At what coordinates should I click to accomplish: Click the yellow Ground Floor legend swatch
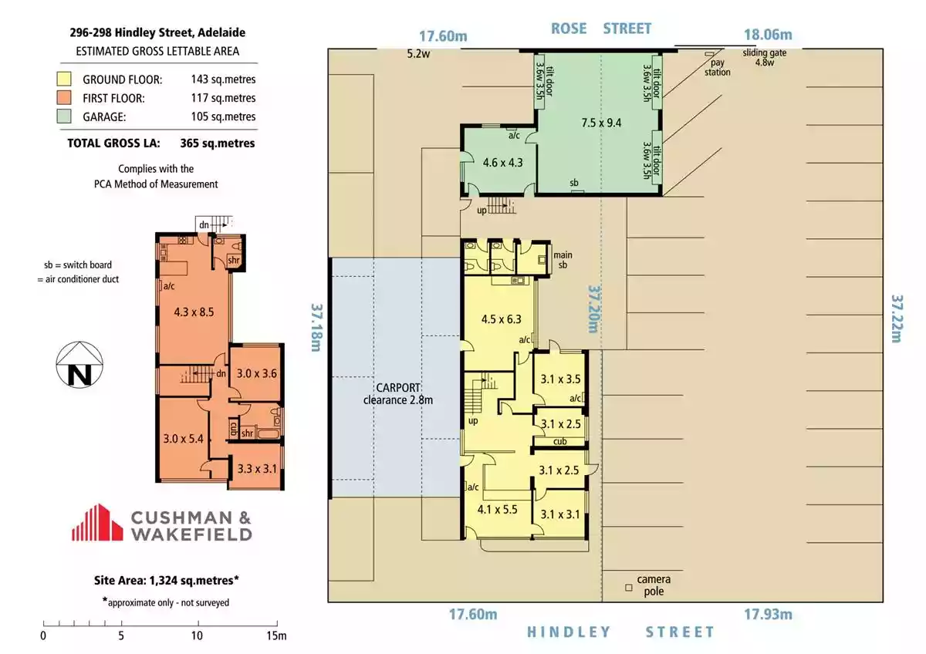64,79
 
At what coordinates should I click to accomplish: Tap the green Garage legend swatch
64,116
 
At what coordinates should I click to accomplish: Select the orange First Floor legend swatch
64,97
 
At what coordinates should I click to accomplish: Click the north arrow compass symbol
79,364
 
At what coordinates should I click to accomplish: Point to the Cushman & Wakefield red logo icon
97,522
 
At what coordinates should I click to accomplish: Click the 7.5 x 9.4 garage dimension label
601,123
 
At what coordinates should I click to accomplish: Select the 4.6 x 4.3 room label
502,163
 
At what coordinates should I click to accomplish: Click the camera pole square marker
628,588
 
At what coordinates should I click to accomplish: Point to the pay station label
717,67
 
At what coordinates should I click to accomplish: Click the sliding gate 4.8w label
765,57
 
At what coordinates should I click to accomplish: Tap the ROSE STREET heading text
601,29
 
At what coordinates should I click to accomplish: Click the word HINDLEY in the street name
569,632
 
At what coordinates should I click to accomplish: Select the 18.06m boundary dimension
768,35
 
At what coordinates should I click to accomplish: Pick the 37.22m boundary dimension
897,319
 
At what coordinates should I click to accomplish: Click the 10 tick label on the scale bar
198,635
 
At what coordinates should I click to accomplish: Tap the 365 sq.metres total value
218,143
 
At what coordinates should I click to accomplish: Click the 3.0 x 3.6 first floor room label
257,373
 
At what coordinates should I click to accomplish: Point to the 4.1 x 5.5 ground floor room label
497,510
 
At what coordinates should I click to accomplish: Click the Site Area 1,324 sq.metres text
166,581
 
